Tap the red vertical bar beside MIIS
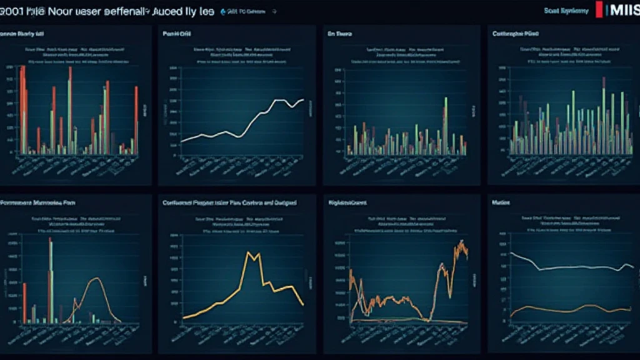tap(600, 9)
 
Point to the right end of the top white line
tap(303, 100)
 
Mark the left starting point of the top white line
tap(181, 142)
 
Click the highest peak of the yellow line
tap(250, 252)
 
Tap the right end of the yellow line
tap(303, 304)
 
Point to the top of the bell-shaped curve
tap(96, 279)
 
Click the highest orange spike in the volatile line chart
tap(461, 242)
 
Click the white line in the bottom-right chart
tap(562, 267)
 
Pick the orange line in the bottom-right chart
tap(562, 307)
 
